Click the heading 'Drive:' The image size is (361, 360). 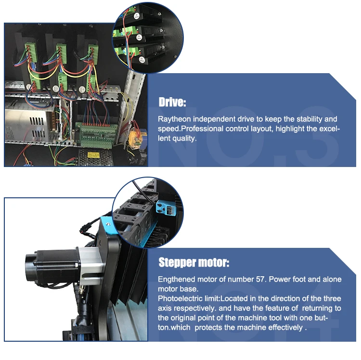point(172,102)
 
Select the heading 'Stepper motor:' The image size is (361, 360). point(194,262)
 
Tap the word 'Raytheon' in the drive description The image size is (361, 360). point(174,119)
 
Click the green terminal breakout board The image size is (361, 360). point(97,135)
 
